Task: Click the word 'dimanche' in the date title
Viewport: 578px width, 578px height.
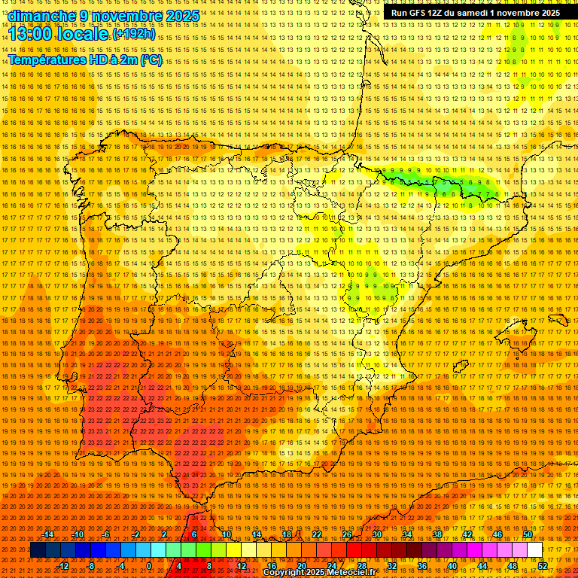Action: click(34, 16)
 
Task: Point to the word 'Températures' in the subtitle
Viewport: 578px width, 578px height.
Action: click(45, 60)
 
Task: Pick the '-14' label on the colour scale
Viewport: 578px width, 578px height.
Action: click(49, 534)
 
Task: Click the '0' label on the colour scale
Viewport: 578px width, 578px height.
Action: click(149, 565)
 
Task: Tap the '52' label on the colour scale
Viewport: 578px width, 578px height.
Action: click(542, 565)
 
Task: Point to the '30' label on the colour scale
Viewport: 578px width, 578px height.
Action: click(376, 534)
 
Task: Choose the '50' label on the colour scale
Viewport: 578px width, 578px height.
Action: click(528, 534)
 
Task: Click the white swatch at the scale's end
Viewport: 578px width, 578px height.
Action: click(534, 550)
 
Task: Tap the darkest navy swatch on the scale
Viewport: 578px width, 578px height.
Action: click(38, 550)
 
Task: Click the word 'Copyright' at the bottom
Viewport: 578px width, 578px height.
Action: click(286, 573)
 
